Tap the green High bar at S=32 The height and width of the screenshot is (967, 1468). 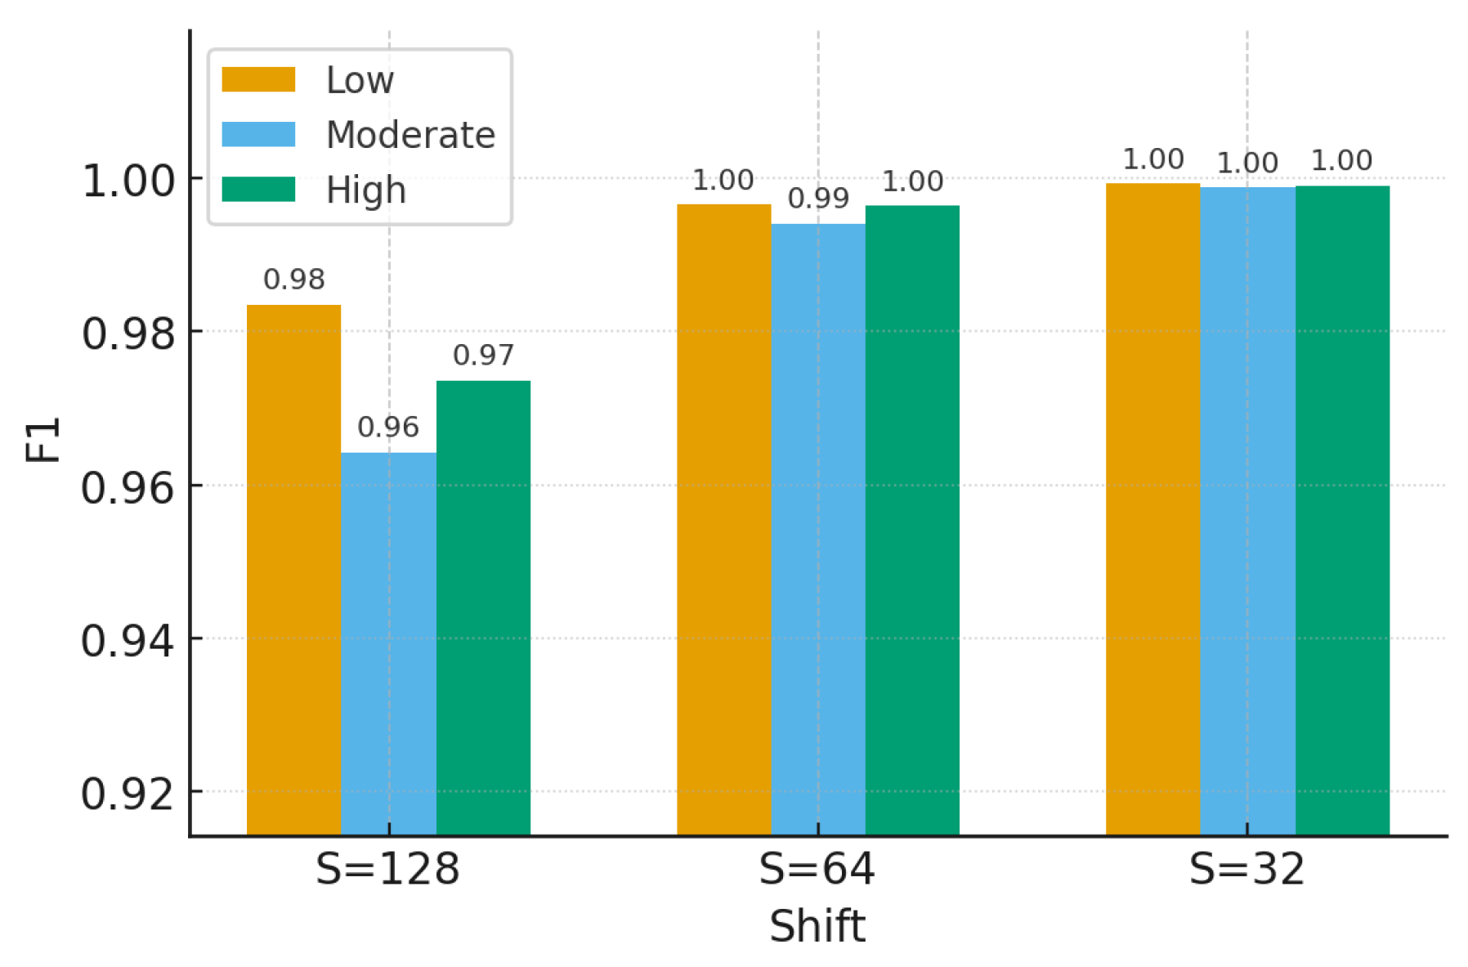coord(1342,510)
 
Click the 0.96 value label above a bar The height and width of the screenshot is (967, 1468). coord(388,427)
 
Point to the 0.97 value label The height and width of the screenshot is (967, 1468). coord(483,355)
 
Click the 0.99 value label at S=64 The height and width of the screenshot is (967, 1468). coord(818,198)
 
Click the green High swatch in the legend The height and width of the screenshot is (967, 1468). coord(258,190)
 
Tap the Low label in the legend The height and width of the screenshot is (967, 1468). coord(360,80)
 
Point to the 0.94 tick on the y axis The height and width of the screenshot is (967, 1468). coord(128,640)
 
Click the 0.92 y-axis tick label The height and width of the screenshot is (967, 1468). coord(128,793)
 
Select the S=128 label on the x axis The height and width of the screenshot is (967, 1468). coord(387,869)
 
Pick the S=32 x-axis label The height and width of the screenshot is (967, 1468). coord(1246,869)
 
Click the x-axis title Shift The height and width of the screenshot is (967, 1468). coord(817,926)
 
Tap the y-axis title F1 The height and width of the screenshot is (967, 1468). coord(43,439)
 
